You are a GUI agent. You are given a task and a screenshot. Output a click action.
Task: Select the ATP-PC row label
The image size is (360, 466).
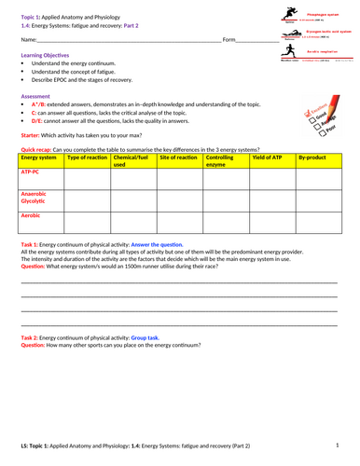(30, 172)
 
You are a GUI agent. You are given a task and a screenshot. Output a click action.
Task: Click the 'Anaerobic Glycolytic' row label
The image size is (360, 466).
(35, 197)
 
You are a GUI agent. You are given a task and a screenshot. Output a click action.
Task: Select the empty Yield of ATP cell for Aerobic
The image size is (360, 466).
(270, 223)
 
